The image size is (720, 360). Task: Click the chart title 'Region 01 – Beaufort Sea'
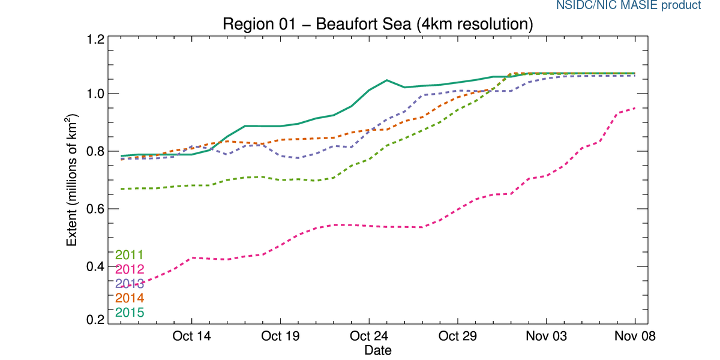(377, 25)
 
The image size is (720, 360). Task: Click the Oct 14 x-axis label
(191, 336)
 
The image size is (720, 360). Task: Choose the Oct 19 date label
(280, 336)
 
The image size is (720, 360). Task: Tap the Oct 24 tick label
(369, 336)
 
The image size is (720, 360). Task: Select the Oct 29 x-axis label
(458, 336)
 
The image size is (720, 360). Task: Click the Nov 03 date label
(547, 336)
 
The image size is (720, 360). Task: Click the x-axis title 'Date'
(377, 349)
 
